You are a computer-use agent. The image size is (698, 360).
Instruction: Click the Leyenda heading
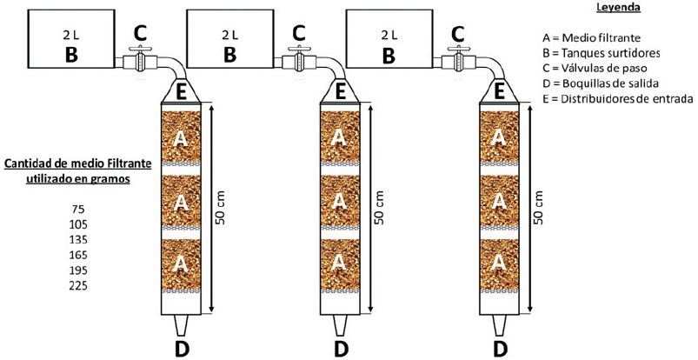(618, 8)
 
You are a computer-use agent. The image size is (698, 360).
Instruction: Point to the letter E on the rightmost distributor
(500, 89)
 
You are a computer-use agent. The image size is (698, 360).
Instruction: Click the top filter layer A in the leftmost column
(181, 137)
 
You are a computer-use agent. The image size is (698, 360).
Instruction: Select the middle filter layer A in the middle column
(341, 200)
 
